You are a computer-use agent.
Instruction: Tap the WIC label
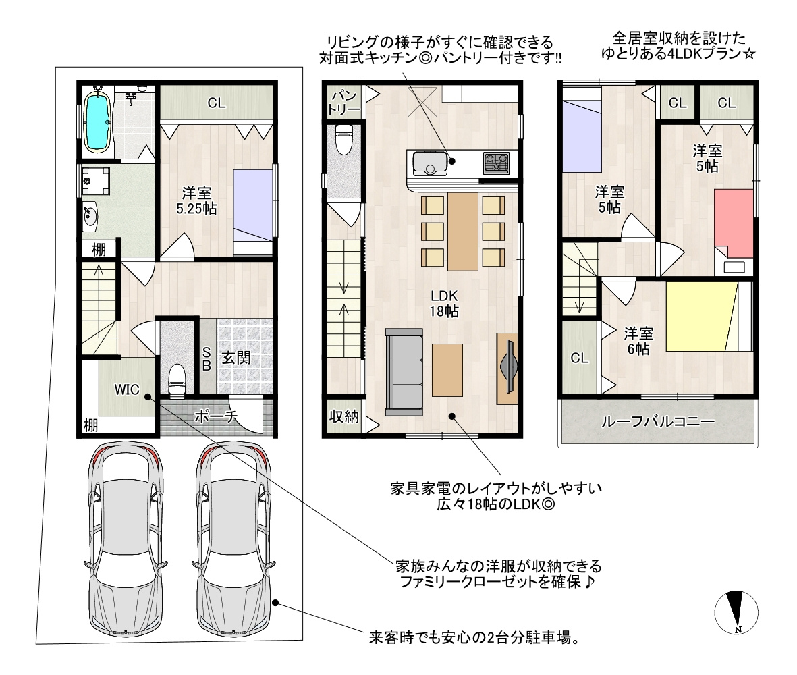pyautogui.click(x=127, y=390)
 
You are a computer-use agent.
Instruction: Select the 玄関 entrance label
pyautogui.click(x=236, y=358)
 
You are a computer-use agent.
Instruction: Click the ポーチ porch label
pyautogui.click(x=216, y=416)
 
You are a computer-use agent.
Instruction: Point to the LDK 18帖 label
pyautogui.click(x=444, y=304)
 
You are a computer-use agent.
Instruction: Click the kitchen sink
pyautogui.click(x=430, y=163)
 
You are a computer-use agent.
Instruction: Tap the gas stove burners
pyautogui.click(x=496, y=163)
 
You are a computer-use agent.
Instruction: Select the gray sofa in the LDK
pyautogui.click(x=404, y=373)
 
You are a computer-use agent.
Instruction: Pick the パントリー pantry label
pyautogui.click(x=343, y=102)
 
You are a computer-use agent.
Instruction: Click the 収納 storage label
pyautogui.click(x=344, y=416)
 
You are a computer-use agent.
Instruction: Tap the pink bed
pyautogui.click(x=734, y=223)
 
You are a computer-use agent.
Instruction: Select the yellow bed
pyautogui.click(x=701, y=317)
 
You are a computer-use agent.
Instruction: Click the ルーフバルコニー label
pyautogui.click(x=658, y=421)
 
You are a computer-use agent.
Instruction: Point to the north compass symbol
pyautogui.click(x=736, y=612)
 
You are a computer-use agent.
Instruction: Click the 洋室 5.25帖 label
pyautogui.click(x=196, y=200)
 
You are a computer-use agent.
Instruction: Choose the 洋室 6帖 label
pyautogui.click(x=638, y=341)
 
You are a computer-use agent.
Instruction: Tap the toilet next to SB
pyautogui.click(x=177, y=380)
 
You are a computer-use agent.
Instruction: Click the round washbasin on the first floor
pyautogui.click(x=90, y=216)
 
